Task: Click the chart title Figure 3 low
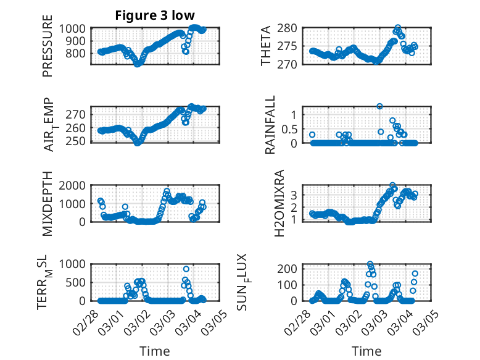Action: click(155, 16)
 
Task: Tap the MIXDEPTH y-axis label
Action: click(48, 204)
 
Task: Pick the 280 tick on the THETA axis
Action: click(289, 28)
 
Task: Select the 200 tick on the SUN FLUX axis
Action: click(289, 269)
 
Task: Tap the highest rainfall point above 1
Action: click(380, 106)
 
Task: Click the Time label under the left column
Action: click(155, 351)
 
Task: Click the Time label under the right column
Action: click(366, 351)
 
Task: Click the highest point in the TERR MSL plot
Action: click(186, 269)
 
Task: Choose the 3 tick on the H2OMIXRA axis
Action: click(294, 195)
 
